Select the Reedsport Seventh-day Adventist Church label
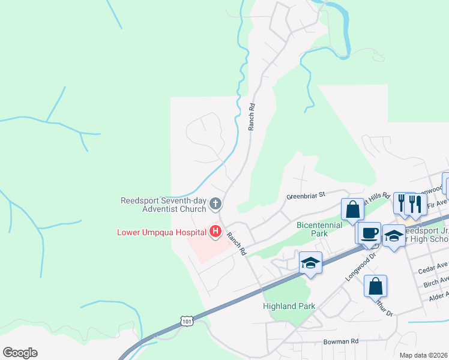click(x=163, y=205)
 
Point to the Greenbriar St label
click(x=305, y=195)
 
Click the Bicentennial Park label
click(x=319, y=229)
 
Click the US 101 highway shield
click(x=188, y=322)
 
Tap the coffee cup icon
click(x=370, y=231)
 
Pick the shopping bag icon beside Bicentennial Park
click(x=352, y=209)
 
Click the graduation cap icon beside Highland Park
click(x=310, y=262)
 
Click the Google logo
click(x=20, y=353)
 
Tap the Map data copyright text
click(x=424, y=355)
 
